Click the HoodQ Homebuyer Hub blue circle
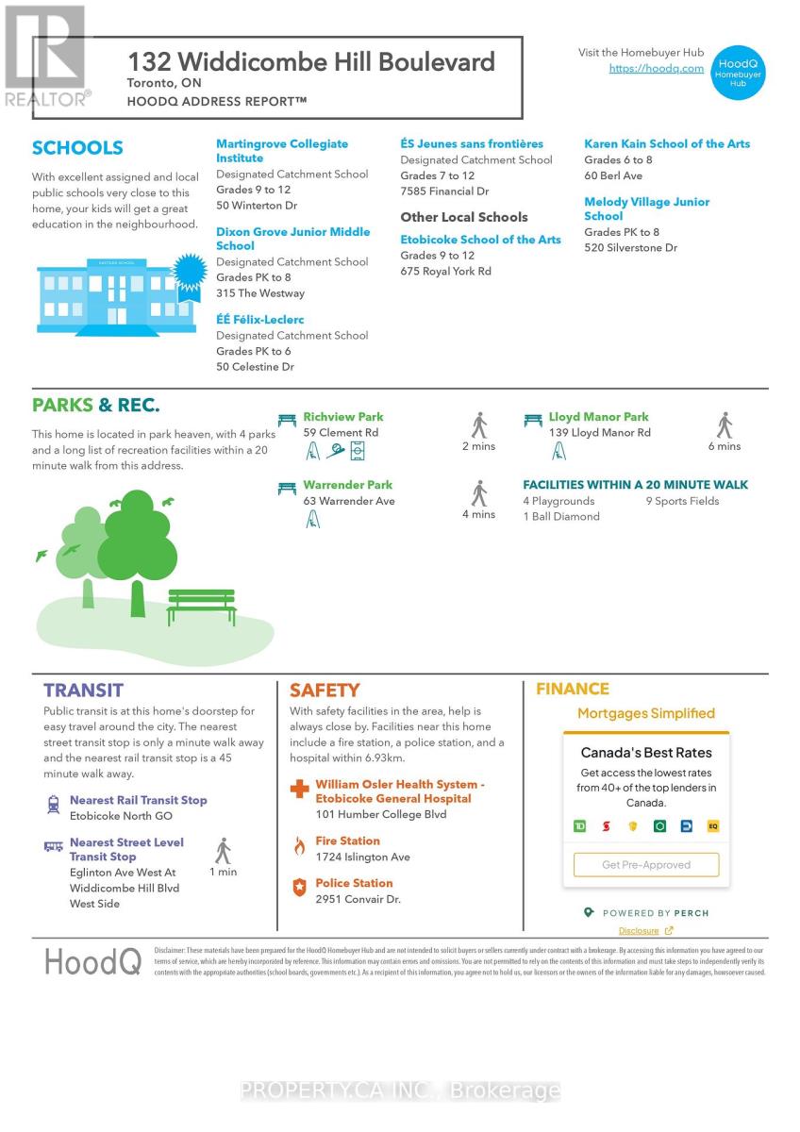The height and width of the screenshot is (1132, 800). pyautogui.click(x=737, y=73)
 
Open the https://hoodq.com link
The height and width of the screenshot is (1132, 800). pyautogui.click(x=656, y=69)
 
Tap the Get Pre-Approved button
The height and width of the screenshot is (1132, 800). pyautogui.click(x=646, y=865)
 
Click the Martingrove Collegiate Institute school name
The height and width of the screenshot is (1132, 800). pyautogui.click(x=281, y=151)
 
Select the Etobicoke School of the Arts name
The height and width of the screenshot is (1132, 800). pyautogui.click(x=480, y=240)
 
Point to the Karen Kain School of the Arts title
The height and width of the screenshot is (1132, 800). pyautogui.click(x=667, y=144)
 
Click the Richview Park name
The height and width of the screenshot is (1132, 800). pyautogui.click(x=342, y=417)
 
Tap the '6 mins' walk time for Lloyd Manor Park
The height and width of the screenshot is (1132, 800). pyautogui.click(x=725, y=446)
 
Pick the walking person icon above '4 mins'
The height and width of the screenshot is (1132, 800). pyautogui.click(x=478, y=493)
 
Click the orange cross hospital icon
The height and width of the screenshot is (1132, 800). pyautogui.click(x=299, y=790)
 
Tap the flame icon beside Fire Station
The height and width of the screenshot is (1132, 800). pyautogui.click(x=299, y=845)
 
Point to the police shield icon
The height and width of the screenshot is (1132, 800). pyautogui.click(x=299, y=888)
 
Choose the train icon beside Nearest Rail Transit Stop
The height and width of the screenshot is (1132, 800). pyautogui.click(x=53, y=805)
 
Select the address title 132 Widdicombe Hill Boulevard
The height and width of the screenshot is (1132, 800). pyautogui.click(x=311, y=62)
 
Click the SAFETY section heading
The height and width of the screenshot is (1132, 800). pyautogui.click(x=324, y=691)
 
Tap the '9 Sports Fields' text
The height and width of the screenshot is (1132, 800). pyautogui.click(x=682, y=501)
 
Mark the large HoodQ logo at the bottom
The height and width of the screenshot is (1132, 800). pyautogui.click(x=92, y=962)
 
